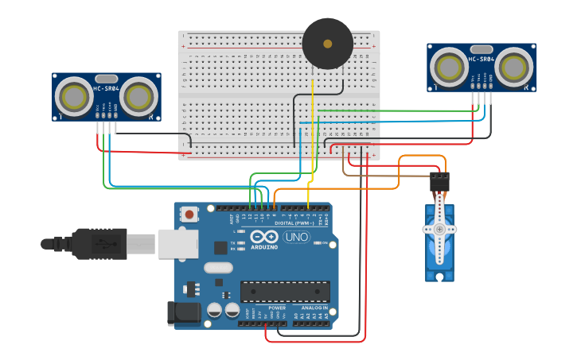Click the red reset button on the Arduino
coord(189,214)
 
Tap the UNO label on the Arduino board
coord(297,237)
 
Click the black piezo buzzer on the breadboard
coord(327,44)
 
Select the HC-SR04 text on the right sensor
coord(481,59)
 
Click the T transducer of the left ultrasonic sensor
coord(76,96)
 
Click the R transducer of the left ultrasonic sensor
coord(139,96)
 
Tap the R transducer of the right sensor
coord(513,66)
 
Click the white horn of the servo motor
coord(439,229)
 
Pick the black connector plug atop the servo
coord(439,182)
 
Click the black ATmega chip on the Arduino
coord(284,292)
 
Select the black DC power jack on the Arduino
coord(182,313)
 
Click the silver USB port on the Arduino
coord(177,243)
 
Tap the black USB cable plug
coord(99,243)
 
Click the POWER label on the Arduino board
coord(276,308)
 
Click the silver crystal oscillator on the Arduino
coord(218,268)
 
